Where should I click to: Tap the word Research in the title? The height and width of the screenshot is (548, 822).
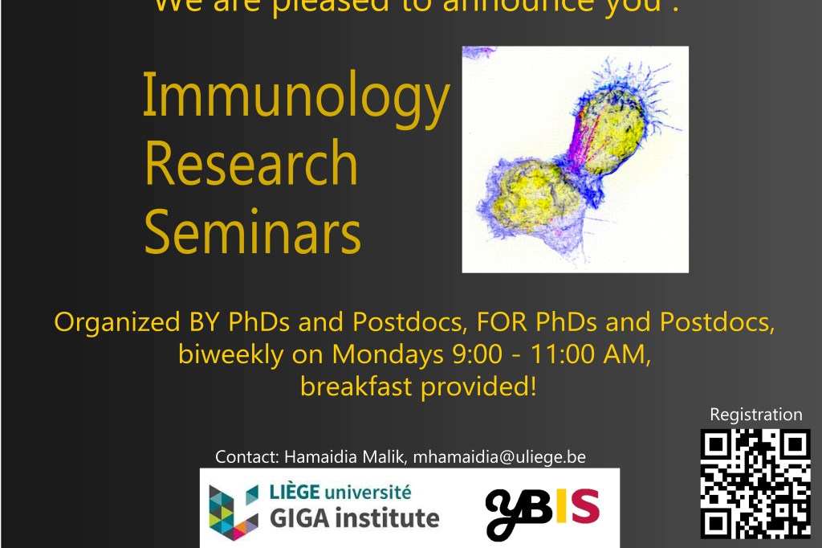pos(250,165)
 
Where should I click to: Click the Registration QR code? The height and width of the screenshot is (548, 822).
pos(755,483)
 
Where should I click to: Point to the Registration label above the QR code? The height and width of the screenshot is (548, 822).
pos(755,415)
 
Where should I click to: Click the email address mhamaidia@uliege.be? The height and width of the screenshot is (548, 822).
pos(499,457)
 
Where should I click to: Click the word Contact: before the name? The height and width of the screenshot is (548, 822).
pos(246,457)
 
